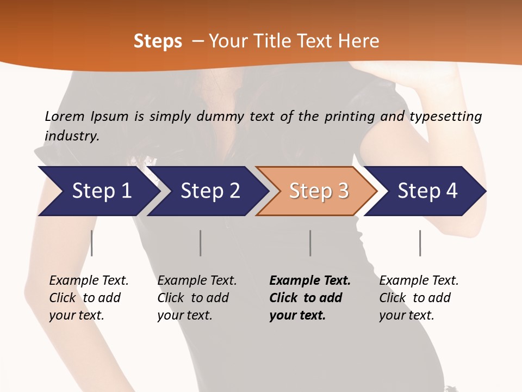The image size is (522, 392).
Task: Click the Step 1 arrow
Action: [x=98, y=191]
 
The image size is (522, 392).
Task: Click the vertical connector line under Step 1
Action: [x=92, y=243]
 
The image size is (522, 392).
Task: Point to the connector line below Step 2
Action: [x=201, y=243]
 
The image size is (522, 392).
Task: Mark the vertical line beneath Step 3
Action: [x=310, y=243]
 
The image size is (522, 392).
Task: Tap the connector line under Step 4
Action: [x=420, y=243]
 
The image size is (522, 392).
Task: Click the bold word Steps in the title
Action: [x=158, y=41]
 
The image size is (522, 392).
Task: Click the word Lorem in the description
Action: [x=65, y=116]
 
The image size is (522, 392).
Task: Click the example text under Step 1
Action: [x=89, y=298]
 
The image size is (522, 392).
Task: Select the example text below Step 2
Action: [x=197, y=298]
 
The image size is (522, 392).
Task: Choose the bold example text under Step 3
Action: [x=309, y=298]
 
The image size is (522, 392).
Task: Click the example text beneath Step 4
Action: [x=419, y=298]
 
